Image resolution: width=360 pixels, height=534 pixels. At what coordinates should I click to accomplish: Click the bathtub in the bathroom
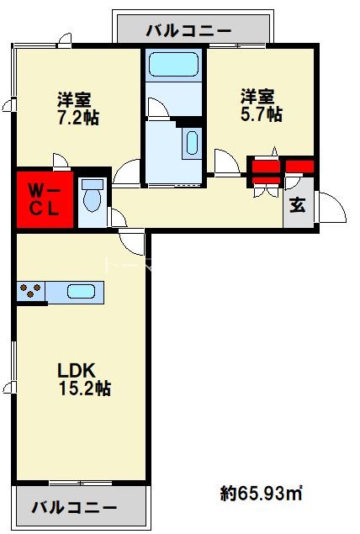point(174,64)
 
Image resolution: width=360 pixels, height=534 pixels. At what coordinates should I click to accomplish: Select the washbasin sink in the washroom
point(192,142)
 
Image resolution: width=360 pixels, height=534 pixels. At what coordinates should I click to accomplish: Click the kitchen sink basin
point(81,292)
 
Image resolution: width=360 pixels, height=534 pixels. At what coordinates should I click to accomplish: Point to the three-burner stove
point(30,291)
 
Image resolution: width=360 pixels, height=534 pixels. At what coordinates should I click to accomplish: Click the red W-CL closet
point(45,199)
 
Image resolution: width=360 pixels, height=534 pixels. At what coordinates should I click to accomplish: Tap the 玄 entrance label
point(298,205)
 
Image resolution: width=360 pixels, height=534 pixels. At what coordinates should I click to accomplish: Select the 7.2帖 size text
point(78,118)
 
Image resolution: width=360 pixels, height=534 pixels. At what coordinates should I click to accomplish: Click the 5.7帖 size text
point(262,114)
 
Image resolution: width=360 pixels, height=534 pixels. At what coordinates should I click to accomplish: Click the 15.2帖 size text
point(85,388)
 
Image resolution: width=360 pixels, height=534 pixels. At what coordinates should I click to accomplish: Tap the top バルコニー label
point(188,31)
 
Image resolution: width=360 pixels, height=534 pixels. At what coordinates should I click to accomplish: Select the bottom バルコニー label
point(74,507)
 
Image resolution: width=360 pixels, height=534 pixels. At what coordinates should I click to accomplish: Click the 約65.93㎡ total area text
point(262,493)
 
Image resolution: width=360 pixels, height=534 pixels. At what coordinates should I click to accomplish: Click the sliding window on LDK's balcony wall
point(81,483)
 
